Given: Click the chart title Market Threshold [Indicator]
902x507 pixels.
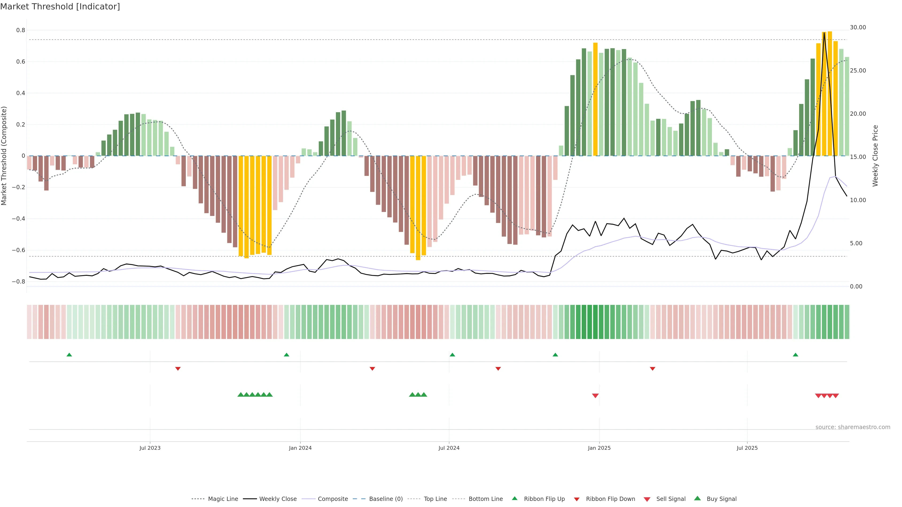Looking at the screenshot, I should (60, 7).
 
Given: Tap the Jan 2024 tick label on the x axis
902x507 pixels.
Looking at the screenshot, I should (300, 448).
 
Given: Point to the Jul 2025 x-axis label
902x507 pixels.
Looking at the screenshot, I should (747, 448).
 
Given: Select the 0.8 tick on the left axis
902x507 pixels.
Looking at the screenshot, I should (21, 31).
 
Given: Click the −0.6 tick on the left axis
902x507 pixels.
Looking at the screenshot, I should (19, 250).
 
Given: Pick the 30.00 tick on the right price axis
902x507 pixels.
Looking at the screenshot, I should (858, 27).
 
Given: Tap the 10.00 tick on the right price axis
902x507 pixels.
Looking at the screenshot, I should (858, 200).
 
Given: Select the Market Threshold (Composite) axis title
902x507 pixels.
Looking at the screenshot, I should (4, 156).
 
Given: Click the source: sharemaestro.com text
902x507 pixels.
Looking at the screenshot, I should (853, 427).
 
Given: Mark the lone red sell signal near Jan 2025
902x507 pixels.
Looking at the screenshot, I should (595, 396).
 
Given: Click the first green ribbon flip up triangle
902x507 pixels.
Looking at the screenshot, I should (69, 355).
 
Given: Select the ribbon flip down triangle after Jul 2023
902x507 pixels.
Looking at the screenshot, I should (178, 369).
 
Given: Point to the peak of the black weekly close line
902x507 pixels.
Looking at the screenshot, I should (824, 33).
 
